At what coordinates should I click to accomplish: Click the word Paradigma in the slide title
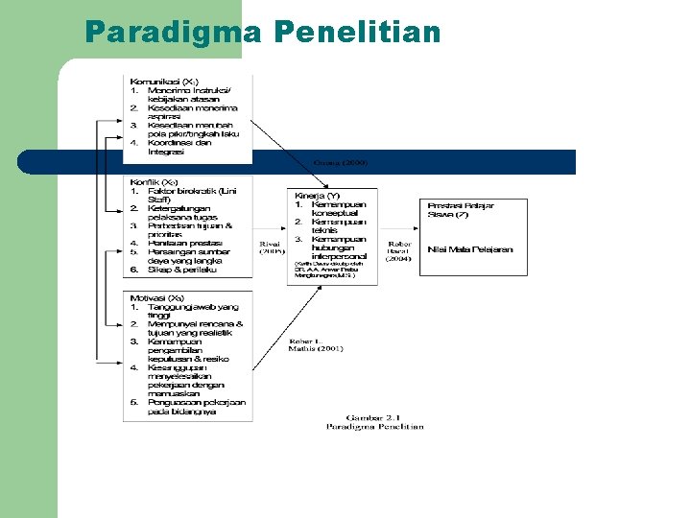click(x=171, y=33)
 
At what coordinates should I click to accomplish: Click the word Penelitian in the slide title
click(x=357, y=33)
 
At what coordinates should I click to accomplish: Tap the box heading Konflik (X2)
click(x=155, y=181)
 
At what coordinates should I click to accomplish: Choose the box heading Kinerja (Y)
click(x=316, y=195)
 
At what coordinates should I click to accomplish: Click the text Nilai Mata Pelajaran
click(x=471, y=249)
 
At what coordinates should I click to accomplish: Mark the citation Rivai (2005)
click(x=273, y=247)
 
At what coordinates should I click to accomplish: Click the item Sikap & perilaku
click(x=182, y=270)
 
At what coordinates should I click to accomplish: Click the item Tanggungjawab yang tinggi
click(x=192, y=311)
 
